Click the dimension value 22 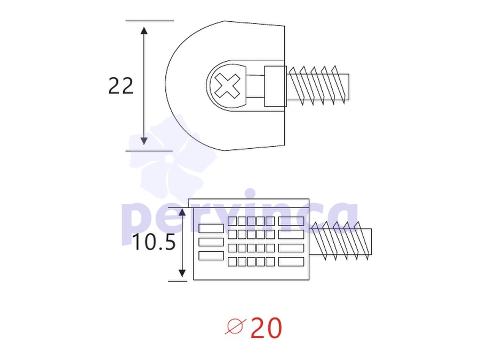(x=121, y=86)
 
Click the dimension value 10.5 (x=154, y=242)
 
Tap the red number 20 (x=266, y=328)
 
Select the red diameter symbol (x=236, y=326)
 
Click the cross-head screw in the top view (x=227, y=86)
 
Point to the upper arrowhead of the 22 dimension (x=144, y=30)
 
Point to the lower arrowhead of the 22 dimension (x=144, y=141)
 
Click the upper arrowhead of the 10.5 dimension (x=182, y=212)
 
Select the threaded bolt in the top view (x=318, y=86)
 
